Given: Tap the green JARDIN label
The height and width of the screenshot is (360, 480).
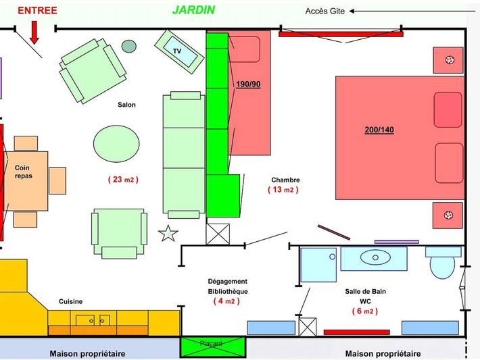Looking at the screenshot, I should tap(193, 10).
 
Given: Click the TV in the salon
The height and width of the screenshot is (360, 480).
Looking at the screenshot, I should tap(179, 51).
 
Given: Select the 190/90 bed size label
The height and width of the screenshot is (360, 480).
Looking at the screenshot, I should tap(247, 84).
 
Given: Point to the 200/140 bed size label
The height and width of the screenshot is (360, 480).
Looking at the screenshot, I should tap(379, 130).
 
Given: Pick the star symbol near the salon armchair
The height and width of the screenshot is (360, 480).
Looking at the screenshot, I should tap(168, 234).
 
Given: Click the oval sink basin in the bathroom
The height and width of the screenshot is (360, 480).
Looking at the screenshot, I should tap(374, 257).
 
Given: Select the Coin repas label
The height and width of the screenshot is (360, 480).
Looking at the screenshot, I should tap(23, 172).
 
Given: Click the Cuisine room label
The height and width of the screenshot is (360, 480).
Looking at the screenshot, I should tap(71, 302).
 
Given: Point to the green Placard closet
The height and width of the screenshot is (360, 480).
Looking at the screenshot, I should tap(210, 346).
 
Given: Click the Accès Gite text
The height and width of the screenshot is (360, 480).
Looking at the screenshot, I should tap(325, 11).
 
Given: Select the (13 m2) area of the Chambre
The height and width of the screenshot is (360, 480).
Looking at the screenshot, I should tap(283, 190).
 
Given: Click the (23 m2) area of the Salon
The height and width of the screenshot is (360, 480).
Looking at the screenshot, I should tap(122, 180).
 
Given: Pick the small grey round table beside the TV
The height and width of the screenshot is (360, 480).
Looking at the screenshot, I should tap(128, 46).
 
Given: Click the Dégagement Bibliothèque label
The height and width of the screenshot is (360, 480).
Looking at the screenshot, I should tap(227, 286).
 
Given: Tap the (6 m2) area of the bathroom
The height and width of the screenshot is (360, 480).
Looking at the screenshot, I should tap(364, 311).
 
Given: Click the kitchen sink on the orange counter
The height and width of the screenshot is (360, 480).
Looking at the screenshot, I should tap(93, 319).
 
